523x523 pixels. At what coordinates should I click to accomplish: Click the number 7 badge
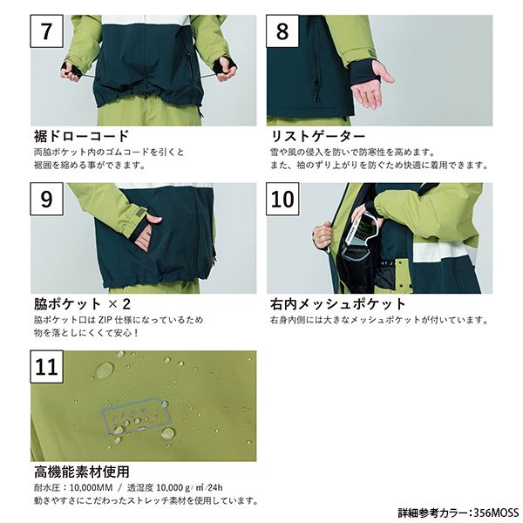pos(47,31)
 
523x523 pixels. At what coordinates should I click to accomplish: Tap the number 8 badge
pos(282,31)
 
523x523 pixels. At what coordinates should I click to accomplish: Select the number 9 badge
pos(47,199)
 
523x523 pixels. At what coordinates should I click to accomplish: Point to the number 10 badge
pos(282,199)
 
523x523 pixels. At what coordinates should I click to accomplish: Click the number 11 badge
pos(47,367)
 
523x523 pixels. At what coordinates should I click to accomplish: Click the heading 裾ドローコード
pos(81,137)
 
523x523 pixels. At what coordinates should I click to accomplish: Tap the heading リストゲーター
pos(317,137)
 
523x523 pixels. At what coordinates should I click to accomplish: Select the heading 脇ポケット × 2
pos(82,304)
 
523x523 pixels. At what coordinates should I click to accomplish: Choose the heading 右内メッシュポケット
pos(337,304)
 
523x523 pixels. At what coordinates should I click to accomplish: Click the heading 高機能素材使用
pos(81,472)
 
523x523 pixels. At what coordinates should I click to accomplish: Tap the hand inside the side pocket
pos(147,233)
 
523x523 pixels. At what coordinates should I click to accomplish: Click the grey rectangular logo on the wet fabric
pos(137,415)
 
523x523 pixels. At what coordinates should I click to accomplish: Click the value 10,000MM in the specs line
pos(91,487)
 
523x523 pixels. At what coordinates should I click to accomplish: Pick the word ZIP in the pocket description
pos(105,320)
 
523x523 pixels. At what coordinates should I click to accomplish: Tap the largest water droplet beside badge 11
pos(105,370)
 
